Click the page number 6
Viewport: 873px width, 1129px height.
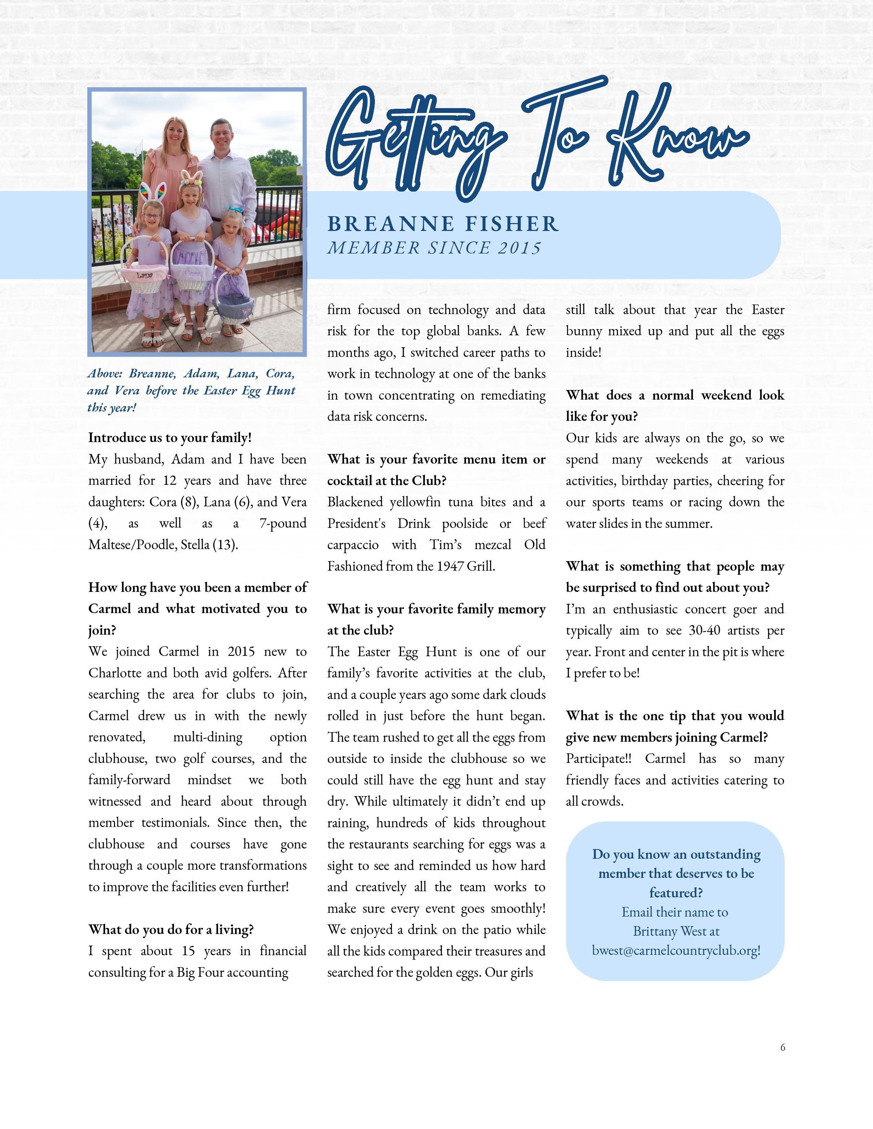(783, 1047)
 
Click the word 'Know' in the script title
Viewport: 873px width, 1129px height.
(678, 137)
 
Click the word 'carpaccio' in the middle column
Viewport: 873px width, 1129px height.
(352, 545)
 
